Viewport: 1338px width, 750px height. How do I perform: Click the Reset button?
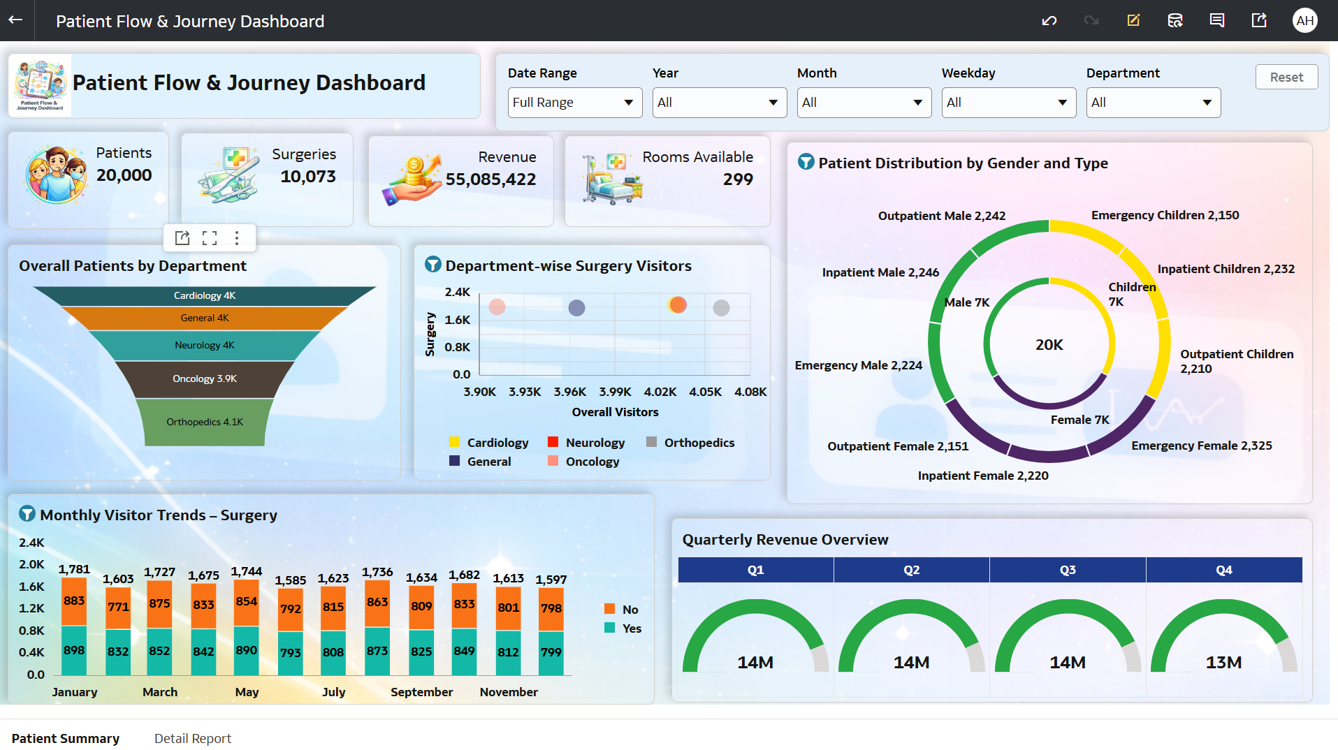pos(1286,77)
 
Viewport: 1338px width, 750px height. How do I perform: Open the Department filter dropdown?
pos(1153,103)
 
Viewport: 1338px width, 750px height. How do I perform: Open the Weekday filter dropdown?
pos(1008,103)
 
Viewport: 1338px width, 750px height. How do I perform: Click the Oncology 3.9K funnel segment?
pos(205,378)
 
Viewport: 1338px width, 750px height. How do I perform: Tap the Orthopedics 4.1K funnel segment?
pos(205,422)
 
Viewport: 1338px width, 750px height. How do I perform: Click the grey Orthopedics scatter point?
pos(721,307)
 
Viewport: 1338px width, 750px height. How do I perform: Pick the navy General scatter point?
pos(576,307)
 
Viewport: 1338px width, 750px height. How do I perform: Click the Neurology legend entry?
pos(595,443)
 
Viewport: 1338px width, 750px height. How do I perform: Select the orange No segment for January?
pos(74,601)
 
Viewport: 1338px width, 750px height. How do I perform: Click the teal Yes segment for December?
pos(551,652)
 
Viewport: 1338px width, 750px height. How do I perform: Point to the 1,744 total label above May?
pos(247,571)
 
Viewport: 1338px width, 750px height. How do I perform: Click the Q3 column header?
pos(1067,570)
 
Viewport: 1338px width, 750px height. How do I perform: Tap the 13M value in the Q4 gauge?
pos(1223,662)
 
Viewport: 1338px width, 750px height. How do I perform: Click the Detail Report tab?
pos(192,738)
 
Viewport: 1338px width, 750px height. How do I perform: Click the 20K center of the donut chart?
pos(1049,345)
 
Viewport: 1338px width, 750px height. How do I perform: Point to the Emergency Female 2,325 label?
pos(1201,446)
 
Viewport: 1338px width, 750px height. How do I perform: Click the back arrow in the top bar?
pos(15,20)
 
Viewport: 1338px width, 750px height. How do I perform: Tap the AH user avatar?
pos(1304,20)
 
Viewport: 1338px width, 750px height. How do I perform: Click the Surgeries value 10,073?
pos(308,177)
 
